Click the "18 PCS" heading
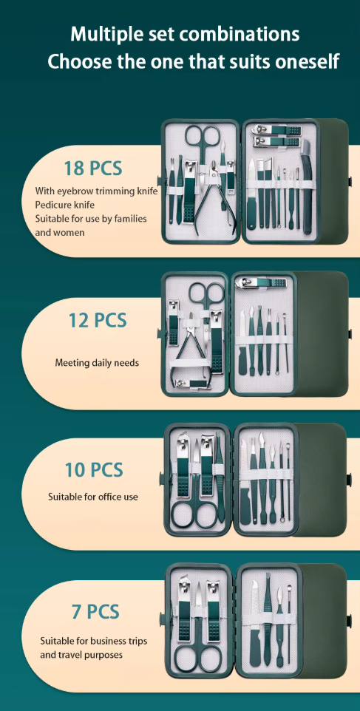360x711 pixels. pos(92,168)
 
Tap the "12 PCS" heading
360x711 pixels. pos(98,320)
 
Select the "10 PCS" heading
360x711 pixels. pos(94,469)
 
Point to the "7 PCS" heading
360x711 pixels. pos(95,611)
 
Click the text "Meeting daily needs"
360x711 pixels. pos(97,363)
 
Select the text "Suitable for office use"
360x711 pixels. pos(93,497)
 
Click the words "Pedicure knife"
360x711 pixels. pos(65,205)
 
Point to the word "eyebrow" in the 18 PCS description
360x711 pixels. pos(77,191)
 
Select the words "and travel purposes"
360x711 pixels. pos(81,655)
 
